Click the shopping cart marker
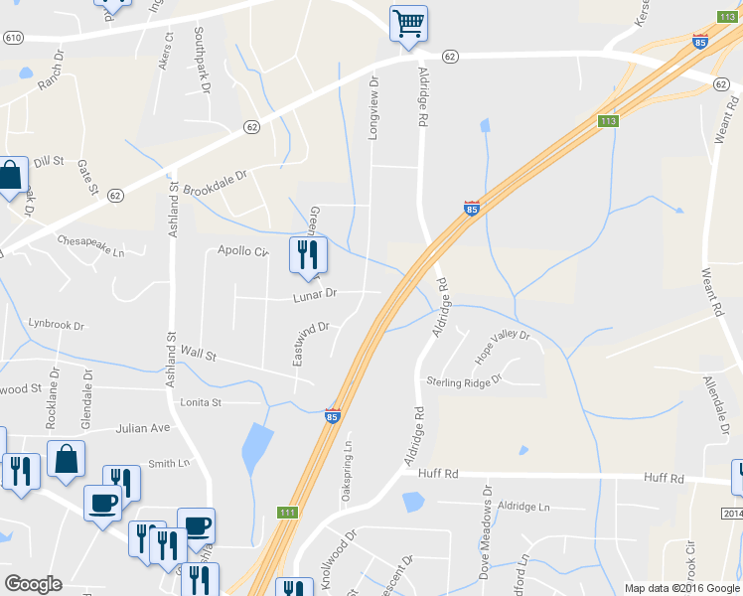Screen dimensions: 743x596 tap(409, 24)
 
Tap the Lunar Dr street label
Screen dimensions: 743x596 tap(316, 294)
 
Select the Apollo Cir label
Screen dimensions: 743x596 tap(243, 251)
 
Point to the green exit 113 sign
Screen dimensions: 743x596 tap(609, 121)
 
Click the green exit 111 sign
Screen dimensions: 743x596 tap(287, 512)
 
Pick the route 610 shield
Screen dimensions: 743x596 tap(12, 37)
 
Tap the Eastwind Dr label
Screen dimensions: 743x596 tap(311, 344)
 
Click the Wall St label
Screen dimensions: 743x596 tap(199, 353)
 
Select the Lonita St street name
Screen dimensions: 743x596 tap(201, 402)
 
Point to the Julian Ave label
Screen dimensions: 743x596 tap(143, 428)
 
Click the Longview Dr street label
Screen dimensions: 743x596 tap(374, 108)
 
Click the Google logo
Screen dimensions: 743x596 tap(33, 584)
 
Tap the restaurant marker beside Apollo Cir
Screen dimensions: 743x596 tap(307, 256)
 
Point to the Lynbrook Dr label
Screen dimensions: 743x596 tap(57, 324)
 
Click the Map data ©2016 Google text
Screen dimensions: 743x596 tap(680, 588)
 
